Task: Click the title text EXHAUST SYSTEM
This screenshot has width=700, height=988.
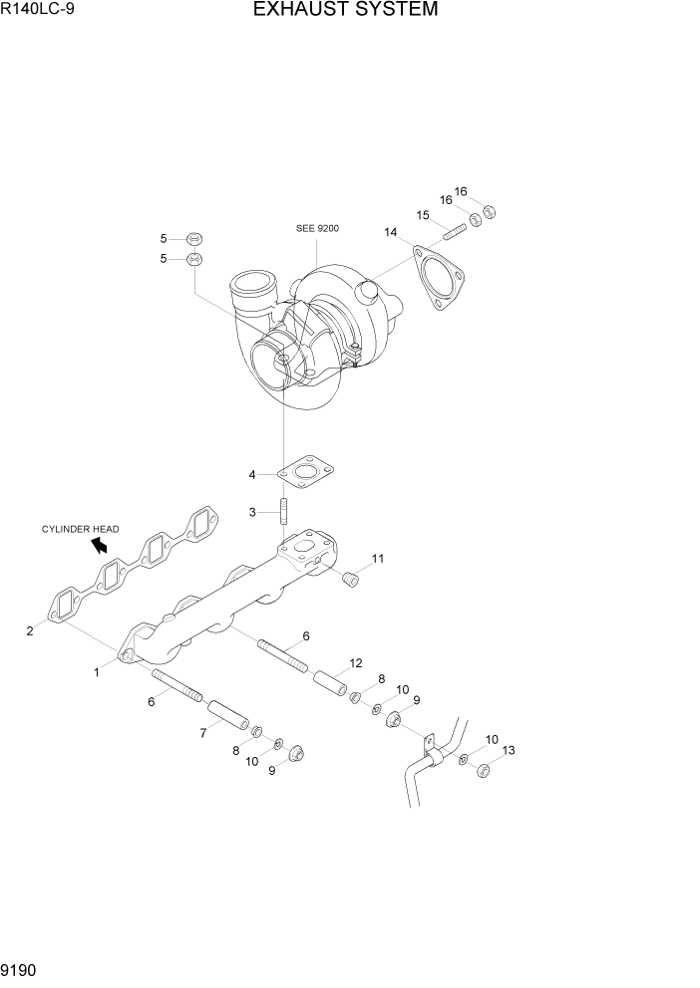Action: point(345,11)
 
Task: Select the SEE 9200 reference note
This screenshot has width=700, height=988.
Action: point(317,228)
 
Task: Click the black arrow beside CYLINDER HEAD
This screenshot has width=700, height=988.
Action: point(99,544)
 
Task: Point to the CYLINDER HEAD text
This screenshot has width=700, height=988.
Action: point(80,529)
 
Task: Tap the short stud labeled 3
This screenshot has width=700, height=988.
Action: point(283,512)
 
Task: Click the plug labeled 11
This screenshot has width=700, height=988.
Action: point(350,580)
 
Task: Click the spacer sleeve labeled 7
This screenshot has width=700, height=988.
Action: point(225,714)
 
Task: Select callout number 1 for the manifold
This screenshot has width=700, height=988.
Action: point(97,672)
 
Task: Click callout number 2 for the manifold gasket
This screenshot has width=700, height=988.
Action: point(30,630)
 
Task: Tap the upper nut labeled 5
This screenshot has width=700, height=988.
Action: point(194,239)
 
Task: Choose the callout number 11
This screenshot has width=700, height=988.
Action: point(378,559)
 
